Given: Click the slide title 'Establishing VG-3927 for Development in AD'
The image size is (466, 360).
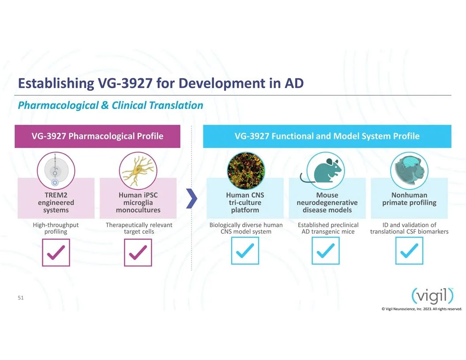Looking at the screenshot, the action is (x=161, y=83).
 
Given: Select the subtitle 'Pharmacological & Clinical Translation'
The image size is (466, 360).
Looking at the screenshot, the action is (x=110, y=105).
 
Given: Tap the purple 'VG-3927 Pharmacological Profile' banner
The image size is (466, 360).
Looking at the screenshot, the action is (x=98, y=136).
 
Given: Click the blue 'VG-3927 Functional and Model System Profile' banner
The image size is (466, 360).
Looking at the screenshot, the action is (x=327, y=136).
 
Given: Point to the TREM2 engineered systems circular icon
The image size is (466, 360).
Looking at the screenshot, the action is (x=56, y=171).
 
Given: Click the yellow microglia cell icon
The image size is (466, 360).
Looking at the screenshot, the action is (x=138, y=171).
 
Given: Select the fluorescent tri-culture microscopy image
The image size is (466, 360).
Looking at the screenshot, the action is (x=245, y=171).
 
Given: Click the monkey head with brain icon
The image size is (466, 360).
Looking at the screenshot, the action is (x=409, y=171).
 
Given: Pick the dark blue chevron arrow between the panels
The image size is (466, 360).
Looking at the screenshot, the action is (x=192, y=198).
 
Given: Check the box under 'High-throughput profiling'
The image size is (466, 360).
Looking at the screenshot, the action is (x=56, y=252).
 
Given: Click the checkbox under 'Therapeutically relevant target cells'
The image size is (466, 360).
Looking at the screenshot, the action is (x=138, y=252).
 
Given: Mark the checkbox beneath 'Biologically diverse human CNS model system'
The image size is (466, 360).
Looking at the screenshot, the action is (x=245, y=251).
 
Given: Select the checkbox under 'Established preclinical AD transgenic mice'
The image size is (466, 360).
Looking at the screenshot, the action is (x=325, y=251).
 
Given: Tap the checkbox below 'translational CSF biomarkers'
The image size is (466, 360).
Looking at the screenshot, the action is (x=409, y=251).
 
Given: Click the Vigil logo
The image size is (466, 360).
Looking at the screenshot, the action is (x=433, y=296).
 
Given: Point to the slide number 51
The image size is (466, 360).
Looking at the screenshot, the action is (x=20, y=298).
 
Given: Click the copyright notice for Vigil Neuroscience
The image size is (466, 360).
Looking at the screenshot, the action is (x=422, y=309).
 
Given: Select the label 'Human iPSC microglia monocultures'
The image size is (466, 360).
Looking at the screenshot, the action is (x=138, y=202).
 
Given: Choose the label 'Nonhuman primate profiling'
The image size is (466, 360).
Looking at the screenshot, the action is (x=409, y=199).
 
